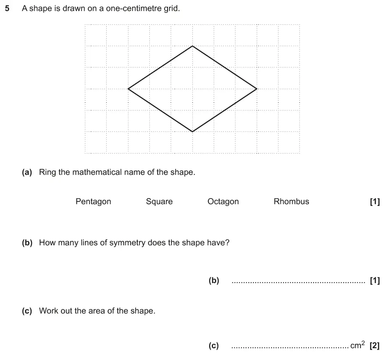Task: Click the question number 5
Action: pos(7,8)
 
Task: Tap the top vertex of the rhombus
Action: pos(192,46)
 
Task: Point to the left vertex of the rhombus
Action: pos(128,89)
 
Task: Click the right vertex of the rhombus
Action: pos(257,89)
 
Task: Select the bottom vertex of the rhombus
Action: pos(192,131)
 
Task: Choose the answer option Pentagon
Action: pos(93,202)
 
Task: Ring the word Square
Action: pos(159,202)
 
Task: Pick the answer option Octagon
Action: pos(223,202)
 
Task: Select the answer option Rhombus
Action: pos(291,202)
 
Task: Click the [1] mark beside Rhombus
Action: pos(375,202)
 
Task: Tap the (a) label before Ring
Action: pos(27,172)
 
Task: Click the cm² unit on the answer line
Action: pos(357,345)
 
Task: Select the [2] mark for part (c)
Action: pos(375,346)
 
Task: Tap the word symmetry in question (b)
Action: pos(127,243)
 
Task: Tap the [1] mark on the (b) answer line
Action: pos(375,281)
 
